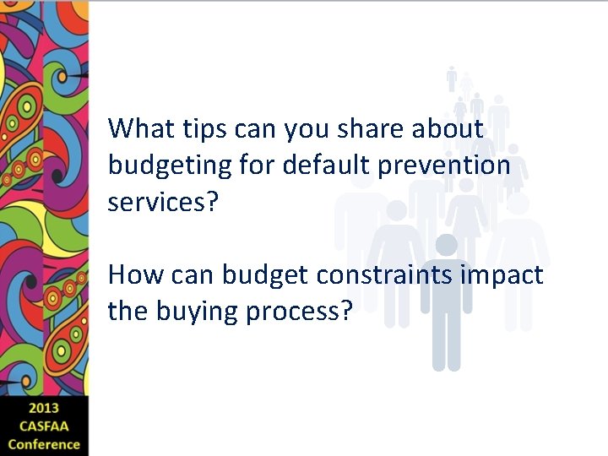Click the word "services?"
coord(163,203)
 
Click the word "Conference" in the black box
coord(44,444)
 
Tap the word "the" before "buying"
coord(128,312)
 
